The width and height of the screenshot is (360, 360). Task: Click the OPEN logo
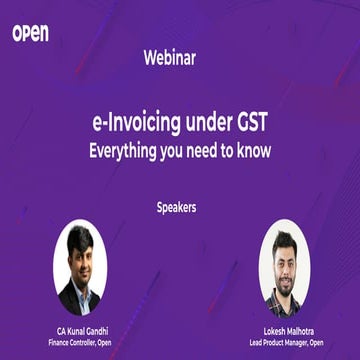[30, 33]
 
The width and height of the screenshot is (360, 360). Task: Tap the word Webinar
[180, 58]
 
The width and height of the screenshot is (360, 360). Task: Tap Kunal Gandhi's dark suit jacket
[68, 300]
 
